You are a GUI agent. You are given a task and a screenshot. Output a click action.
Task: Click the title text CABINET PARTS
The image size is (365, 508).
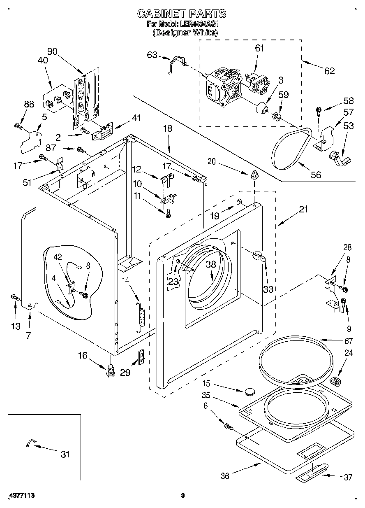[x=181, y=14]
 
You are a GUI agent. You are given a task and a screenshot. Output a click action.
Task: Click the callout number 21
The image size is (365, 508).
[x=303, y=210]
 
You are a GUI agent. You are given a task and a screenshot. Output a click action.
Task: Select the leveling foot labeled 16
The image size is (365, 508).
[x=110, y=371]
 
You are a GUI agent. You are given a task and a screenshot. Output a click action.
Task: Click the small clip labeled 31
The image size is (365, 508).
[x=29, y=442]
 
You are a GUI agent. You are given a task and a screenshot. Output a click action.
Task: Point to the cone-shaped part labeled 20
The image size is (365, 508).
[x=254, y=175]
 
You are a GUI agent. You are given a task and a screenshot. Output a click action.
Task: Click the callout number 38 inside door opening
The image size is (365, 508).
[x=210, y=264]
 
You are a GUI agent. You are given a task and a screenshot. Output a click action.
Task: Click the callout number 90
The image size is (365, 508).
[x=52, y=51]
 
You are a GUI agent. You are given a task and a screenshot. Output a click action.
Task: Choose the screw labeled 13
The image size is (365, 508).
[x=15, y=296]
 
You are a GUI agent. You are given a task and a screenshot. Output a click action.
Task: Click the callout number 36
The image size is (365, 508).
[x=224, y=476]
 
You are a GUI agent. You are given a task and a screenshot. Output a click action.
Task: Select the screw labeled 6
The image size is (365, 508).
[x=228, y=426]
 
